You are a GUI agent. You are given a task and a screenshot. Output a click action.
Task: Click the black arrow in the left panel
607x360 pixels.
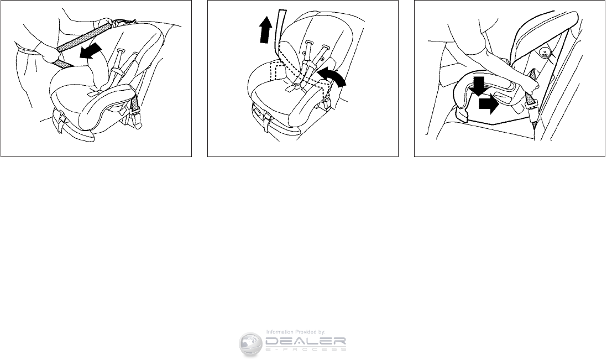click(91, 51)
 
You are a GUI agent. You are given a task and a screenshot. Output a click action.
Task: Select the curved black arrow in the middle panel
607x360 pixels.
click(332, 77)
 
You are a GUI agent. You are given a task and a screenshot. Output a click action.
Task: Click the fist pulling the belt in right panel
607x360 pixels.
click(532, 86)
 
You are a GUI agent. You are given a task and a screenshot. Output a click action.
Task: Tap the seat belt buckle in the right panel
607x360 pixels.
click(531, 101)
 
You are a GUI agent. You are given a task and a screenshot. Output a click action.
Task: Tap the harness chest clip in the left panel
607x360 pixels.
click(116, 72)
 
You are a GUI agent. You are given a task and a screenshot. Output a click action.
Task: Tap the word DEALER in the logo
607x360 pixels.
click(306, 341)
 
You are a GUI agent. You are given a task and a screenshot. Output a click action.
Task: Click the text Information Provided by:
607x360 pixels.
click(296, 332)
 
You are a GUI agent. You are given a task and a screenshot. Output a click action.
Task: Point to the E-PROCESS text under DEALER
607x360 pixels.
click(306, 349)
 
